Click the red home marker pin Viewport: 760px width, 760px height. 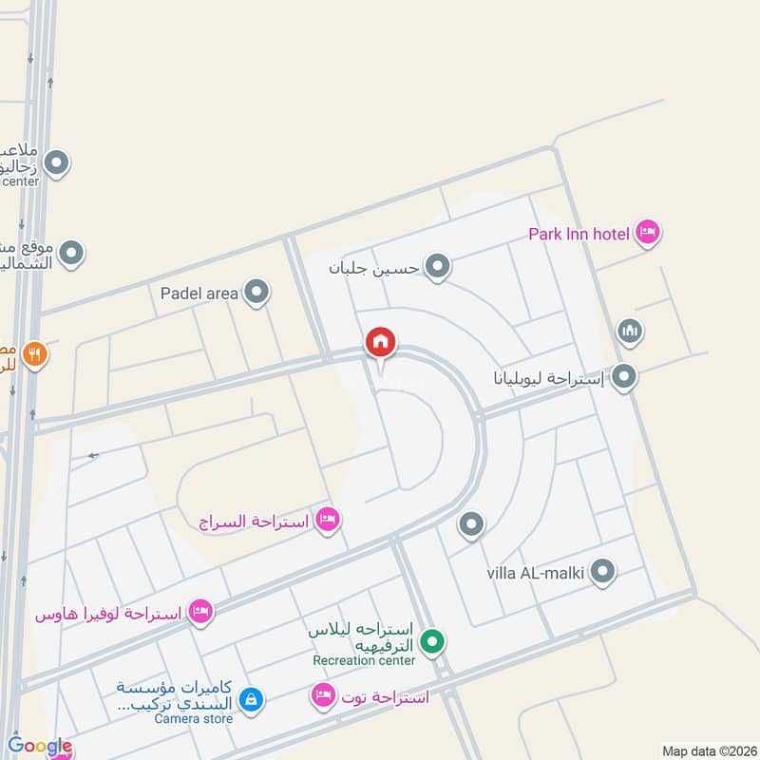380,342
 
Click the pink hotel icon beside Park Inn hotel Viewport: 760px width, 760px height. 648,232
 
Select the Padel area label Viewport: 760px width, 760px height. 199,294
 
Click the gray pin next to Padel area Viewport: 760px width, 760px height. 256,293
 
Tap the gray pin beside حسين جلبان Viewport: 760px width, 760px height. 437,267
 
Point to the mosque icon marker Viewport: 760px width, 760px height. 629,332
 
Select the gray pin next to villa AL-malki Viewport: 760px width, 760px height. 602,571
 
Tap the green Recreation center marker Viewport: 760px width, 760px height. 433,643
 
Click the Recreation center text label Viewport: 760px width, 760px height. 364,660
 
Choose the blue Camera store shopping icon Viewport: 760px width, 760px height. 250,700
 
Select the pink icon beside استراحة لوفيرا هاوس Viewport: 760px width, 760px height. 199,611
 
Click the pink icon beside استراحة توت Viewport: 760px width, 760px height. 323,696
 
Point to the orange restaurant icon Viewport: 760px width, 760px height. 35,354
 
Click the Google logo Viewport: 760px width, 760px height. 40,747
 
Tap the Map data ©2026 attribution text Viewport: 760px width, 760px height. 708,750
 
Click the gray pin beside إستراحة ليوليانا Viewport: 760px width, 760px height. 624,377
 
